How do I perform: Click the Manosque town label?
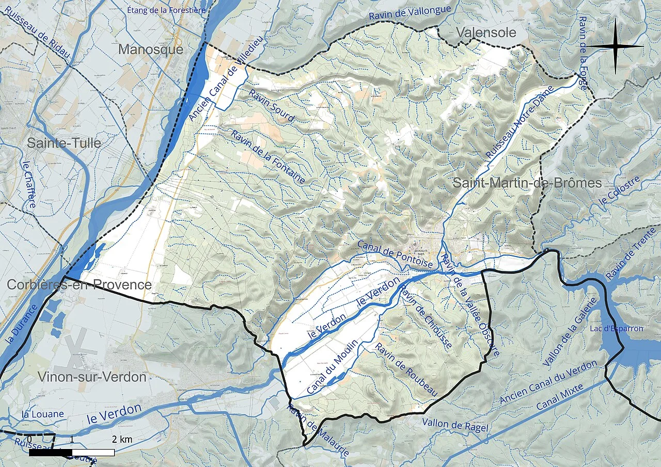click(x=151, y=50)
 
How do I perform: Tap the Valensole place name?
click(x=485, y=33)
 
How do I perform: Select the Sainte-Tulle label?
click(x=64, y=143)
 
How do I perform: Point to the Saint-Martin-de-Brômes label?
click(x=527, y=183)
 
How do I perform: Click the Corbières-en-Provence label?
click(x=79, y=285)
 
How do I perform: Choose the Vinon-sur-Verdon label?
click(x=92, y=377)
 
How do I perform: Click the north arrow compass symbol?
click(x=615, y=46)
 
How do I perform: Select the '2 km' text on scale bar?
click(x=121, y=439)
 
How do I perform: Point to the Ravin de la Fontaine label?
click(x=268, y=157)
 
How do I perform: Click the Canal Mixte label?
click(x=560, y=397)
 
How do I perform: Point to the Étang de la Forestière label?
click(x=166, y=10)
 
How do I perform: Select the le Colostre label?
click(x=619, y=196)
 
